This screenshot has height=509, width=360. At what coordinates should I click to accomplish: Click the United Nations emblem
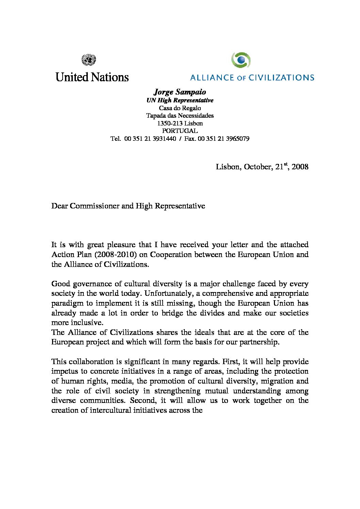click(89, 61)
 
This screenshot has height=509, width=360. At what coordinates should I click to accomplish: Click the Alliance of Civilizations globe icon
click(241, 61)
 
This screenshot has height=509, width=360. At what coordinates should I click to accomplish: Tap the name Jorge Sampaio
click(180, 92)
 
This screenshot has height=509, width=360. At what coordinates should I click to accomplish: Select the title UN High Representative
click(180, 100)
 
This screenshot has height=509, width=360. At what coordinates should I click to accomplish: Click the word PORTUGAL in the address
click(180, 131)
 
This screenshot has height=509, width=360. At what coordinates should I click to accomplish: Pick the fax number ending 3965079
click(238, 139)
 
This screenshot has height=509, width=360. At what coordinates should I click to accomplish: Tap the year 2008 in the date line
click(300, 167)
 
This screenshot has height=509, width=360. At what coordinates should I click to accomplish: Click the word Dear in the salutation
click(59, 206)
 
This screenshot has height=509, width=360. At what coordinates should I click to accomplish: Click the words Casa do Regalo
click(180, 108)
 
